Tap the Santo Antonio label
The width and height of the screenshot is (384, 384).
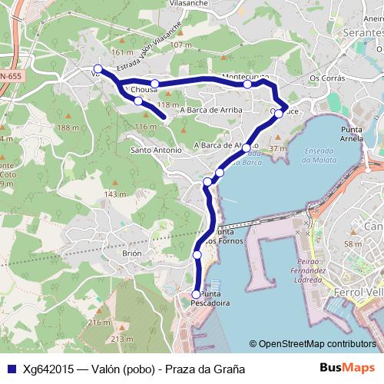tap(156, 150)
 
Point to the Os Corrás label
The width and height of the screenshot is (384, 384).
tap(323, 78)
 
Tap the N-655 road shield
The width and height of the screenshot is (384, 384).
tap(10, 77)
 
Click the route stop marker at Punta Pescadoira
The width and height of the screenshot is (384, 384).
tap(196, 294)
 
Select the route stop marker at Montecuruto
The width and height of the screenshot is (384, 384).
tap(247, 84)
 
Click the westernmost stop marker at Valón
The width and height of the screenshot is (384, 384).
tap(98, 68)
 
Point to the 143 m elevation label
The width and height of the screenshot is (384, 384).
tap(115, 194)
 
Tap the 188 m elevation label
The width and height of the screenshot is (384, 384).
tap(68, 127)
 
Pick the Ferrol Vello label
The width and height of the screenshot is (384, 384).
tap(359, 292)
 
